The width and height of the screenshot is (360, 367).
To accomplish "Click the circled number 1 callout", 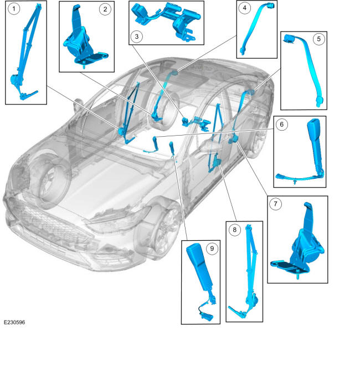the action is point(14,9).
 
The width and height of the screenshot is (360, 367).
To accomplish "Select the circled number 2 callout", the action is point(105,9).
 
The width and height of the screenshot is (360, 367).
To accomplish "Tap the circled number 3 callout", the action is point(137,37).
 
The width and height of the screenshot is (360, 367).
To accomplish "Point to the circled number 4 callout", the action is point(245,8).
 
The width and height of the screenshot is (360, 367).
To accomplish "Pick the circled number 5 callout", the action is point(319,39).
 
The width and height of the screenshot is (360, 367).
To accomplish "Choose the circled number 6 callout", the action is point(281,125).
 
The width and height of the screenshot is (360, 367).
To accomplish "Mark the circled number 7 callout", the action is point(275,204).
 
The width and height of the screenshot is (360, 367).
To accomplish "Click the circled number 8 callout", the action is point(235,230).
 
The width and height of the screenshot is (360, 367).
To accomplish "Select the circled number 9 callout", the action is point(212,249).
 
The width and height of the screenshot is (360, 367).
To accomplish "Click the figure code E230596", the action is point(14,322).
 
